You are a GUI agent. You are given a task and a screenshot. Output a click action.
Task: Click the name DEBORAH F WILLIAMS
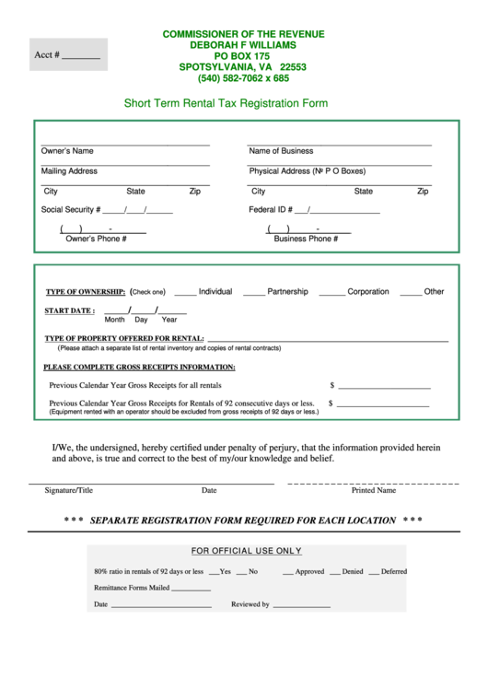pos(243,45)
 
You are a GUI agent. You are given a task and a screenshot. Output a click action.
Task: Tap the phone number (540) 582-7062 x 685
pos(243,78)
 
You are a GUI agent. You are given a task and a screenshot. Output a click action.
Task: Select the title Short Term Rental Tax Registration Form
pos(226,104)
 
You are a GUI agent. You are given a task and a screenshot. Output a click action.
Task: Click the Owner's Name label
pos(67,151)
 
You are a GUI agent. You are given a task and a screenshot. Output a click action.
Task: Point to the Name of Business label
pos(281,151)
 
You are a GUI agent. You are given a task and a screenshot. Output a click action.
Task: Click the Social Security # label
pos(71,210)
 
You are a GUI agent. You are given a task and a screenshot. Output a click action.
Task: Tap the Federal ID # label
pos(271,210)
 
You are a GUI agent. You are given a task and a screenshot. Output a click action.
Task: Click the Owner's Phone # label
pos(96,239)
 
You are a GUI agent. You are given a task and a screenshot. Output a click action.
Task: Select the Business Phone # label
pos(306,239)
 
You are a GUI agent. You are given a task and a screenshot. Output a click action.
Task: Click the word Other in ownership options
pos(434,292)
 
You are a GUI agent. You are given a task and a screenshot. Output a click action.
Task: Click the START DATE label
pos(69,311)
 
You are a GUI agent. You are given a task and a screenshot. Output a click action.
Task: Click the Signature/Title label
pos(69,491)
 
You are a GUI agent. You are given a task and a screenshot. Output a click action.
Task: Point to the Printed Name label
pos(374,491)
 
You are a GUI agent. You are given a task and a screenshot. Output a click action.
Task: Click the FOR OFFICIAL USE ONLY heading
pos(246,551)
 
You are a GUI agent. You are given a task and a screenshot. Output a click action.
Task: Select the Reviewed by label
pos(250,605)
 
